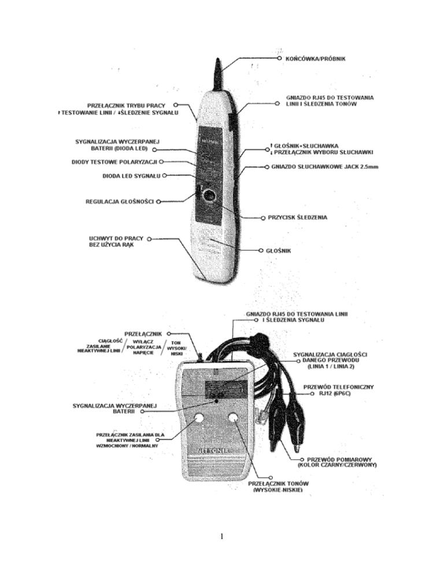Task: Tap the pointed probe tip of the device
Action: tap(219, 62)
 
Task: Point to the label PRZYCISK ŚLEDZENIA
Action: tap(298, 218)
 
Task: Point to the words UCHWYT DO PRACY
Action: tap(113, 238)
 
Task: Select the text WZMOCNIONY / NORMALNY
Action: tap(122, 446)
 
